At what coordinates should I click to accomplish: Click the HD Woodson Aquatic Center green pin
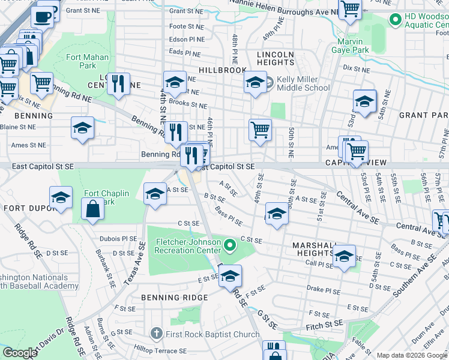coord(395,21)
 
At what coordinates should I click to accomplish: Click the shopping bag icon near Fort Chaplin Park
coord(92,209)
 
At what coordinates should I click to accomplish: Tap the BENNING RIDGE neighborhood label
coord(174,298)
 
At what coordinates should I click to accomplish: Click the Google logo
coord(20,353)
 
